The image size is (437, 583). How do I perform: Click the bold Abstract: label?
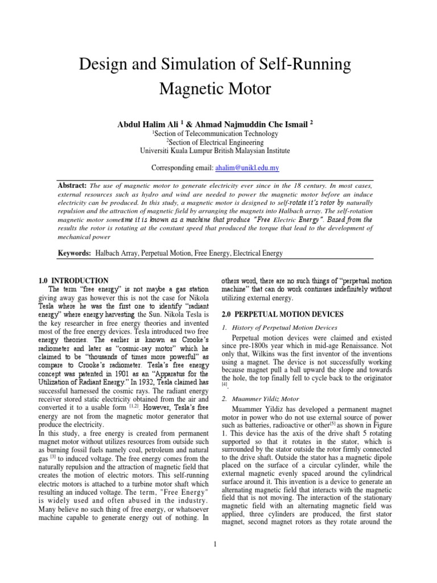72,186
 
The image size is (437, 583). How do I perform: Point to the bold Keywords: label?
75,252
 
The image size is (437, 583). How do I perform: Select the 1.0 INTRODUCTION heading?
73,281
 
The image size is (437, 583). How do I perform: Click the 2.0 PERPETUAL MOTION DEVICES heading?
282,314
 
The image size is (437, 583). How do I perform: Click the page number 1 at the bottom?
216,544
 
